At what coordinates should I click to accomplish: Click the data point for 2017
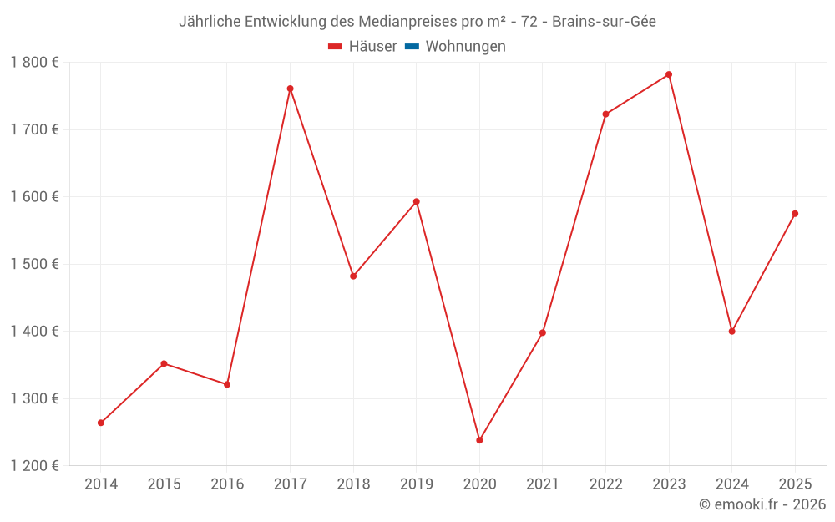[x=290, y=89]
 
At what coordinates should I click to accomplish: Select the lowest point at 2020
[x=479, y=440]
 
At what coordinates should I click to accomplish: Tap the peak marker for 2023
[x=669, y=74]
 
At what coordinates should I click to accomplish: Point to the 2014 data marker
[x=101, y=423]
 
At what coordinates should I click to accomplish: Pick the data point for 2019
[x=416, y=201]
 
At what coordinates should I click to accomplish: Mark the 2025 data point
[x=795, y=214]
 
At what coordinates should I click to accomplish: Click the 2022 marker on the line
[x=605, y=114]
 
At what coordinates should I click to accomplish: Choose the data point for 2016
[x=227, y=384]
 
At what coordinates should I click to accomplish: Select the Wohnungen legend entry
[x=465, y=47]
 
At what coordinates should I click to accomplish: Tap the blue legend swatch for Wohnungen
[x=412, y=47]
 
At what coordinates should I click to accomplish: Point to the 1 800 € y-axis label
[x=35, y=63]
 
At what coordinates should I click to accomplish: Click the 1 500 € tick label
[x=35, y=264]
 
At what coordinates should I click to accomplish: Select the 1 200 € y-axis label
[x=35, y=465]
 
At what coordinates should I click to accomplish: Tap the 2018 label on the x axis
[x=353, y=484]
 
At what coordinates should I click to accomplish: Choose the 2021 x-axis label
[x=543, y=484]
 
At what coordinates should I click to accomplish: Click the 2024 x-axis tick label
[x=731, y=484]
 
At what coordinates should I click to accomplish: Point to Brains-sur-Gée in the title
[x=604, y=22]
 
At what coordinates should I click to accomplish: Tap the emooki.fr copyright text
[x=762, y=504]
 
